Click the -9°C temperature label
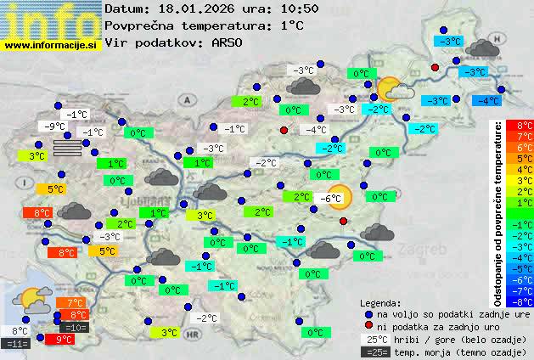pyautogui.click(x=56, y=127)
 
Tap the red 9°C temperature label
pyautogui.click(x=62, y=339)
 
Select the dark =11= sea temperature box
pyautogui.click(x=16, y=344)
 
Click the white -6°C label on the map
pyautogui.click(x=330, y=199)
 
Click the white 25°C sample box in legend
pyautogui.click(x=374, y=339)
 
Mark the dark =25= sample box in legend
pyautogui.click(x=374, y=352)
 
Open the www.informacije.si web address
pyautogui.click(x=52, y=44)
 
